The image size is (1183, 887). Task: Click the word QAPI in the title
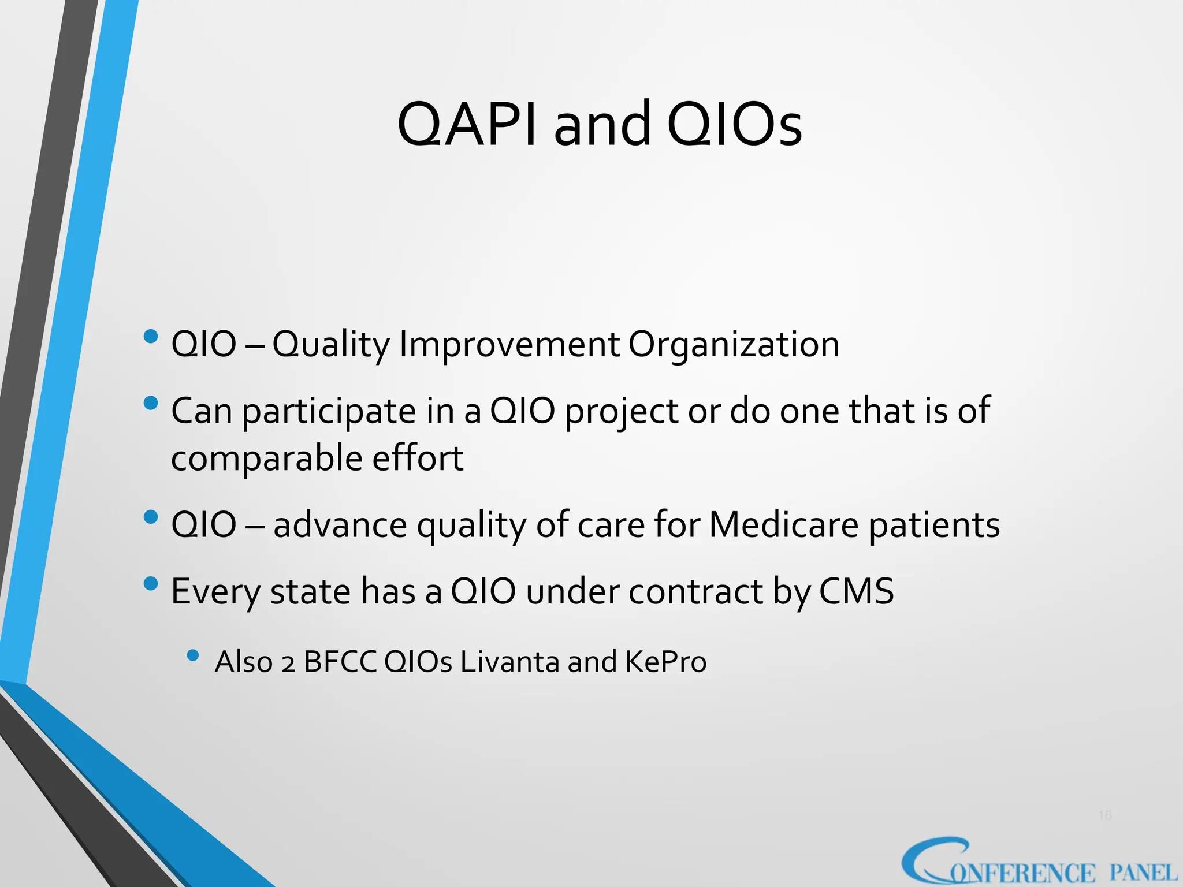click(x=467, y=125)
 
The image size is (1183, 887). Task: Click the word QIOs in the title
click(x=734, y=125)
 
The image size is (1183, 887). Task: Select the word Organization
click(x=734, y=345)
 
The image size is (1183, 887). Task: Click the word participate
click(x=329, y=412)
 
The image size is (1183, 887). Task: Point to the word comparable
click(x=266, y=459)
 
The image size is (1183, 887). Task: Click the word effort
click(x=418, y=459)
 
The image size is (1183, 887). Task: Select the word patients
click(x=935, y=526)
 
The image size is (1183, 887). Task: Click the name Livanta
click(x=509, y=662)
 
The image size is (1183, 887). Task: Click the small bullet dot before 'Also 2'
click(x=193, y=655)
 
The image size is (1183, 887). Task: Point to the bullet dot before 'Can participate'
click(x=151, y=402)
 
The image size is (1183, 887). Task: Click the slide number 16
click(x=1104, y=815)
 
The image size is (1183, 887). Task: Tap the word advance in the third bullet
click(x=340, y=526)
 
